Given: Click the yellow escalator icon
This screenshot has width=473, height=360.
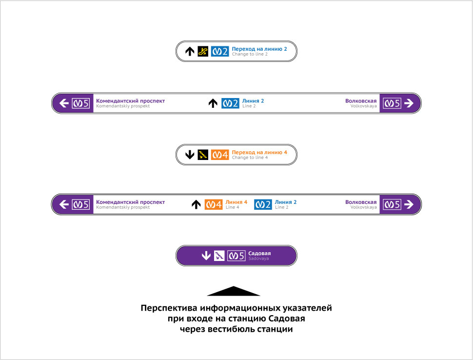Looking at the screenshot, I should click(x=203, y=51).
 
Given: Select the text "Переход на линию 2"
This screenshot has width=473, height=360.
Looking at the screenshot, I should click(x=259, y=49).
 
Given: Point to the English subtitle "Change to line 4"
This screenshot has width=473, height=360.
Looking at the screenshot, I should click(x=250, y=158).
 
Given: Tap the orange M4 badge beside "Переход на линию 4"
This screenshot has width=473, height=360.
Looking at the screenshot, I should click(x=220, y=155).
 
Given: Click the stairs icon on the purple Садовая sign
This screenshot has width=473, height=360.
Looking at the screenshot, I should click(x=219, y=255).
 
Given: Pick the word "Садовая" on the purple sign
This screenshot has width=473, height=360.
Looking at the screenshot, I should click(x=259, y=253).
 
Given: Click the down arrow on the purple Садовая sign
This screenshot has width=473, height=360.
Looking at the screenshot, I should click(x=206, y=255).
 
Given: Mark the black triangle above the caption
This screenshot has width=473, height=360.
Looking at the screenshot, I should click(x=234, y=291).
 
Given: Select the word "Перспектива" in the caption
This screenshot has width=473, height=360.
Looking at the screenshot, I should click(x=170, y=308).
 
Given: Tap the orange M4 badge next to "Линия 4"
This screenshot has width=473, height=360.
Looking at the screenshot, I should click(x=214, y=204).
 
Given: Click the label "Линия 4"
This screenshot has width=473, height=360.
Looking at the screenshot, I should click(x=236, y=202).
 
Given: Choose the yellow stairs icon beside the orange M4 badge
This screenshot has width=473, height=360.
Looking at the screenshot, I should click(x=203, y=155).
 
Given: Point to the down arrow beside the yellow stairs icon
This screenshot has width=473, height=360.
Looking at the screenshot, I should click(x=190, y=155).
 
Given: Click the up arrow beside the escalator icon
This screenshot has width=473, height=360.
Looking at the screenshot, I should click(x=190, y=51).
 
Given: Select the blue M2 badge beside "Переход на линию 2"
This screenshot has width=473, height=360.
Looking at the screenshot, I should click(x=220, y=51).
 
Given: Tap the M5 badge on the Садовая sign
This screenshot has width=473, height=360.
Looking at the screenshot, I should click(x=236, y=255).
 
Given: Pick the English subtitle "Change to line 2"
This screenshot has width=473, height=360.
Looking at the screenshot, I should click(x=250, y=54).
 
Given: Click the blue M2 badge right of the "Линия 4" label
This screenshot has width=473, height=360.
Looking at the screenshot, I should click(x=263, y=204).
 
